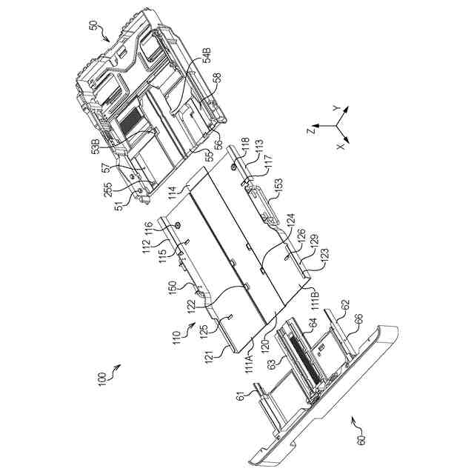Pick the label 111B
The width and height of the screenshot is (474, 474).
(x=316, y=299)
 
